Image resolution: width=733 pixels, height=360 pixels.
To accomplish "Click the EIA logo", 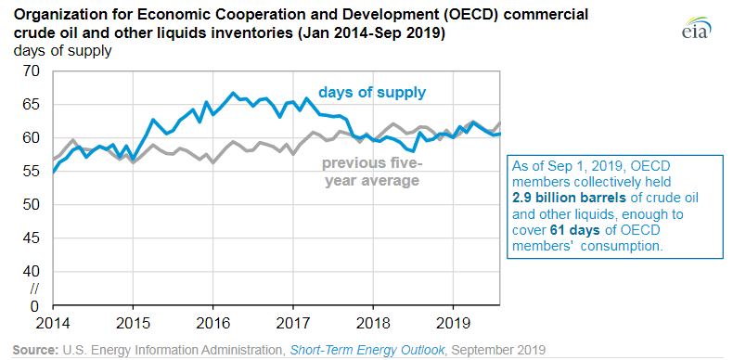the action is pos(696,29).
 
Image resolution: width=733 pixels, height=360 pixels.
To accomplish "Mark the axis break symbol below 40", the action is pos(34,289).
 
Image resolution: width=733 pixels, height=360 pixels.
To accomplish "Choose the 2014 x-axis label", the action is pos(53,324).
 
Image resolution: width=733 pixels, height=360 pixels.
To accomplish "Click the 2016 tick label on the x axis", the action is pos(213,324).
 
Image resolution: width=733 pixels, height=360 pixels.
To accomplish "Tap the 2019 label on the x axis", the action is pos(453,324).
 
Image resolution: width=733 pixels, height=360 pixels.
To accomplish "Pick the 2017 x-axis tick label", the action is pos(293,324).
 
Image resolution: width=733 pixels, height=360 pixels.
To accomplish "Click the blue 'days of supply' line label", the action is pos(372,93).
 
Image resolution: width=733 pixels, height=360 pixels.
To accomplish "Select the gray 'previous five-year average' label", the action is pos(372,172).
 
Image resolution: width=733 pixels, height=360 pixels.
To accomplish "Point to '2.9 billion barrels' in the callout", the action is pos(569,198).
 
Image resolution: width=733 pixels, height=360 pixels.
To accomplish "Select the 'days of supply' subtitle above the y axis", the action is pos(63,51).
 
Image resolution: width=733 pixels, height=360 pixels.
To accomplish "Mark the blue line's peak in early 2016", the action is pos(233,93).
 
